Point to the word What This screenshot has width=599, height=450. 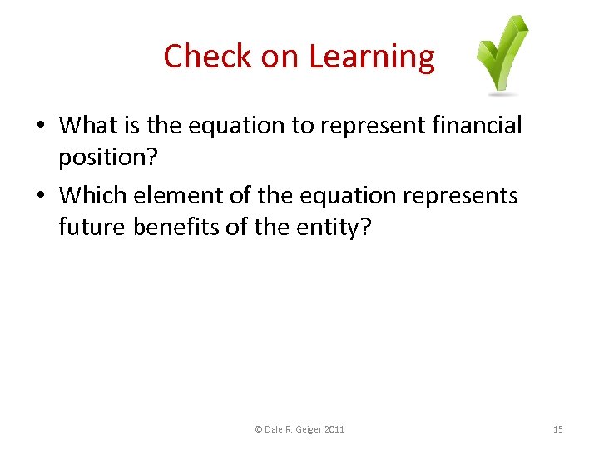(89, 126)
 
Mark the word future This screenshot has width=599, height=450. (92, 226)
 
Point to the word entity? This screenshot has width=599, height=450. (333, 227)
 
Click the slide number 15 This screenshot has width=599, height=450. (557, 429)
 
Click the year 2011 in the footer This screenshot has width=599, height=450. (334, 429)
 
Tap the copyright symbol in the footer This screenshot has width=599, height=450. (258, 429)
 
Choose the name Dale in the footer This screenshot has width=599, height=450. (273, 429)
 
